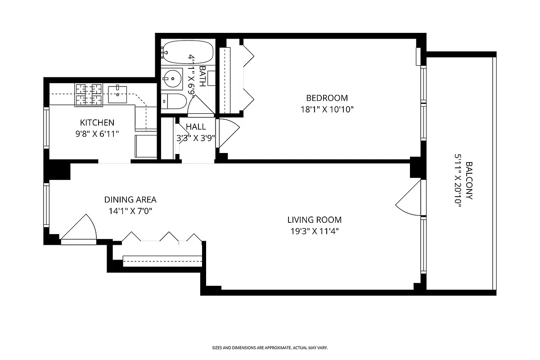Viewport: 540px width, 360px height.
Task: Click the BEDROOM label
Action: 327,98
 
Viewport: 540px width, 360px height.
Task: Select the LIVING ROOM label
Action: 314,220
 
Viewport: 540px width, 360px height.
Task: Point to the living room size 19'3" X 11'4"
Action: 314,232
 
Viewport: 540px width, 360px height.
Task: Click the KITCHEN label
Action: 97,122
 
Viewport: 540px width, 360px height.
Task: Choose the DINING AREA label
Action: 130,200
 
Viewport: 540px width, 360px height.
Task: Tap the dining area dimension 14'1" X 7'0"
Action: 130,211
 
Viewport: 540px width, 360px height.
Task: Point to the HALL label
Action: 196,127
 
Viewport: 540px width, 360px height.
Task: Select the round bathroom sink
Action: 171,79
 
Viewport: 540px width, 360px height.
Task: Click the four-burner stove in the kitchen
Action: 89,95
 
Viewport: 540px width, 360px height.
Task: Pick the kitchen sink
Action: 118,94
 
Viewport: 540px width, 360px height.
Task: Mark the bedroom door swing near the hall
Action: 228,133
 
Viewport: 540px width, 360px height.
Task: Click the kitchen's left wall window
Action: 46,128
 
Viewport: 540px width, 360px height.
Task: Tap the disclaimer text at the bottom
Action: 270,348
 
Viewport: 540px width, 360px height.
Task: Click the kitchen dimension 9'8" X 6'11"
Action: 97,134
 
